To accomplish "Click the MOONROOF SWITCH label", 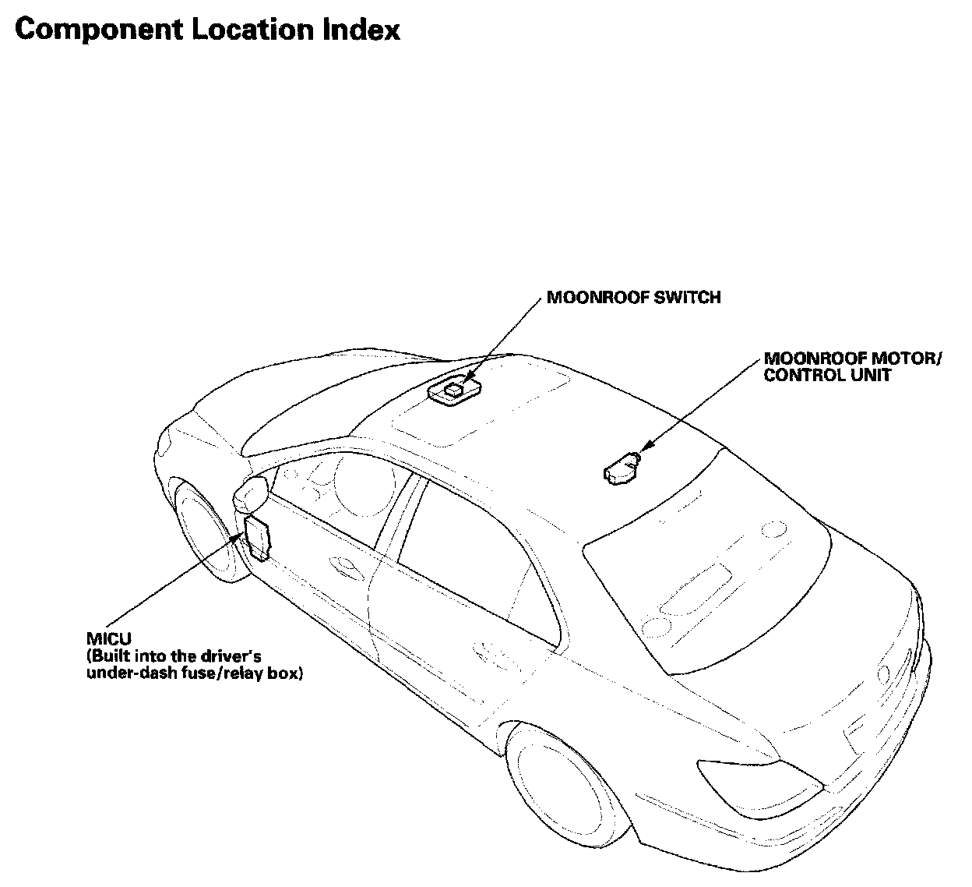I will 633,298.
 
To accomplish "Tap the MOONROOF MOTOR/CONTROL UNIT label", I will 852,367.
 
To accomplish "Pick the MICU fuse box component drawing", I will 258,536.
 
